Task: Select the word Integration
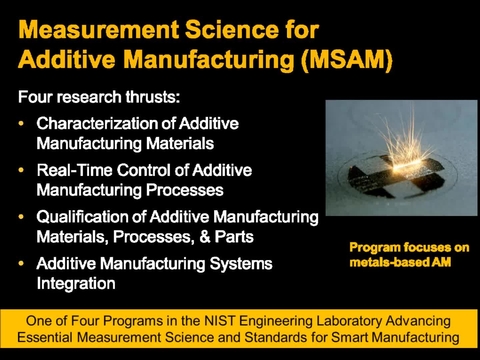(x=76, y=283)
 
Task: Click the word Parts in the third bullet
(x=225, y=237)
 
